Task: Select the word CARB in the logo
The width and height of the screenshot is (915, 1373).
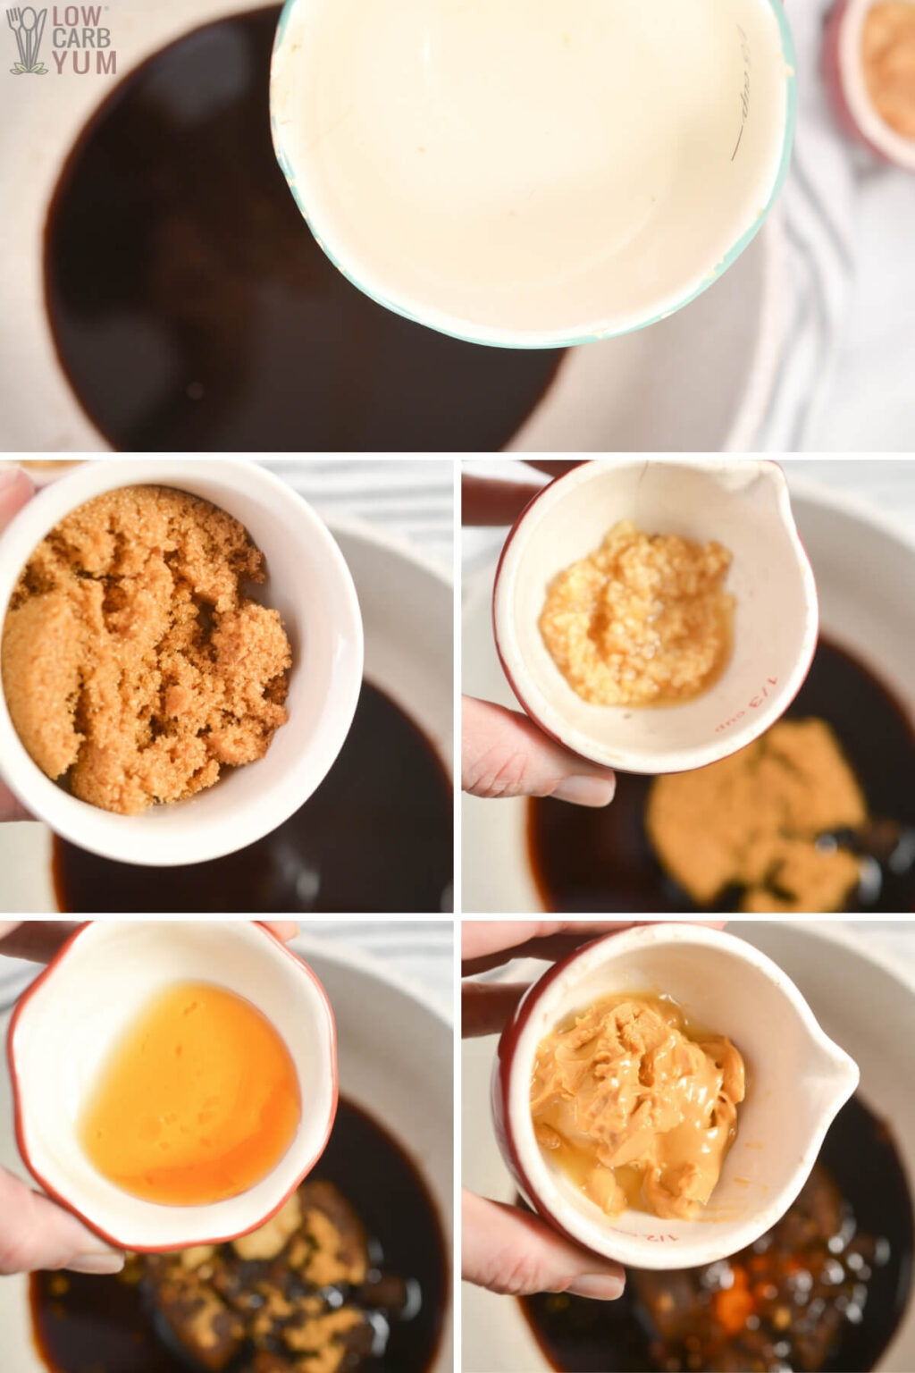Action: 83,39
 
